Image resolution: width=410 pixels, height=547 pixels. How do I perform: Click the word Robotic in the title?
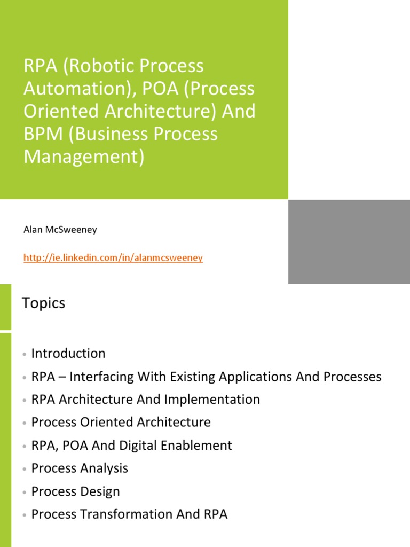pyautogui.click(x=101, y=66)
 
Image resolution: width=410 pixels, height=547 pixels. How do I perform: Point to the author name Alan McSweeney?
pyautogui.click(x=60, y=230)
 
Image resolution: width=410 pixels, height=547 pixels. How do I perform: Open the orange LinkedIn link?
pyautogui.click(x=113, y=258)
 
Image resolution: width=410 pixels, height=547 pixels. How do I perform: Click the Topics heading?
pyautogui.click(x=43, y=303)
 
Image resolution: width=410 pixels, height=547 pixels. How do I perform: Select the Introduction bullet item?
pyautogui.click(x=68, y=354)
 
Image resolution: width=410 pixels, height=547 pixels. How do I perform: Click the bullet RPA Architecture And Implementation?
pyautogui.click(x=145, y=400)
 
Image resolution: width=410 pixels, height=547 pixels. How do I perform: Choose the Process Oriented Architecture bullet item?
pyautogui.click(x=121, y=423)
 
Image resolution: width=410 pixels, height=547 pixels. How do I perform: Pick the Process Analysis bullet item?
pyautogui.click(x=80, y=468)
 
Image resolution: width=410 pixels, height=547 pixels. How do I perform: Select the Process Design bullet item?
pyautogui.click(x=75, y=491)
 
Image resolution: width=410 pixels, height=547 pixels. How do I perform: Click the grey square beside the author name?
pyautogui.click(x=349, y=241)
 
